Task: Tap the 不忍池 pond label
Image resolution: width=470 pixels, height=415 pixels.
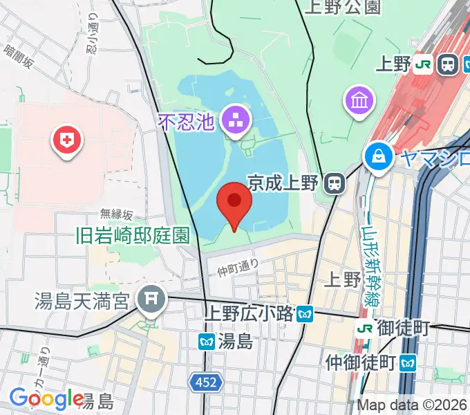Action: click(188, 122)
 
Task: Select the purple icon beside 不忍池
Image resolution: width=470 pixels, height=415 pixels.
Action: click(234, 121)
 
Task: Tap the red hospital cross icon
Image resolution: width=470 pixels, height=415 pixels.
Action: click(66, 142)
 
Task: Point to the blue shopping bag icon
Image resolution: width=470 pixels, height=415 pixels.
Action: click(379, 156)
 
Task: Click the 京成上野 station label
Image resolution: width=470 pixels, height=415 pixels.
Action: click(283, 183)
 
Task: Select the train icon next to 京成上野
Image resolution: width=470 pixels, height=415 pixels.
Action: click(335, 183)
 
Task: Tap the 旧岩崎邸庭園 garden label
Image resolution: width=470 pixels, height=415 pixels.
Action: click(133, 235)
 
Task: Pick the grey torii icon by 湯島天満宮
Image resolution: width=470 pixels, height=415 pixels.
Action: click(150, 300)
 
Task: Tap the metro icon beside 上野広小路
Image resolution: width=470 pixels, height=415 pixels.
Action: click(305, 315)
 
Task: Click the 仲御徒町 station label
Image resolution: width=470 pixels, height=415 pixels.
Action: click(360, 362)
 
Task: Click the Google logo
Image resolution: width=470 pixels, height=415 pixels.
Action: click(46, 398)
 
